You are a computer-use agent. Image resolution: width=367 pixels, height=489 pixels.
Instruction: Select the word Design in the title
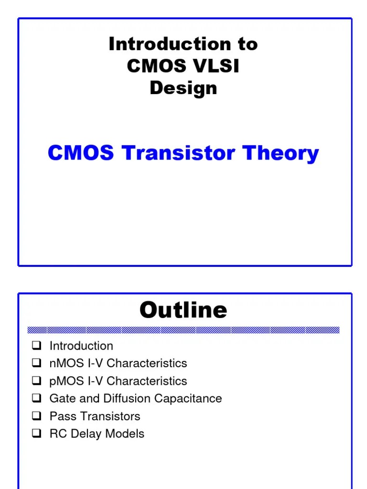pos(183,88)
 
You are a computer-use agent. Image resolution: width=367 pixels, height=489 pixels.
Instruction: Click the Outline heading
pos(183,310)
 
